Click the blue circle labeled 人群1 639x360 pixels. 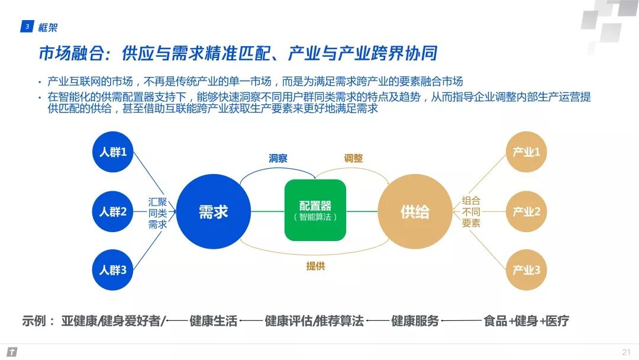point(113,152)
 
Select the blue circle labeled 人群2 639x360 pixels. point(113,211)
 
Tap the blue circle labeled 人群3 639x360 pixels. point(113,270)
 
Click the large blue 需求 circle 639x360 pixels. point(213,211)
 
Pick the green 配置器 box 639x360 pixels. point(315,210)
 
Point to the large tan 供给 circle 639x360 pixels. point(415,211)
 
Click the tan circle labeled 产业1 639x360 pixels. point(526,152)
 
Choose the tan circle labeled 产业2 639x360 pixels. point(526,211)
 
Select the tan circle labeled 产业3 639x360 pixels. point(526,270)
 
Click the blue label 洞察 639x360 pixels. point(278,158)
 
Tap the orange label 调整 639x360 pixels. point(353,158)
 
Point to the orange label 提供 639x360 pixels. point(315,266)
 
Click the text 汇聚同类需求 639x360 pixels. point(157,213)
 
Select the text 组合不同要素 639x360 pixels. point(471,211)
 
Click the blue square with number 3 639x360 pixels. point(27,27)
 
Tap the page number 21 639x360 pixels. point(627,352)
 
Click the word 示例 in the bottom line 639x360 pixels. point(34,321)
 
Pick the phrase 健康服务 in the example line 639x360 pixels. point(415,321)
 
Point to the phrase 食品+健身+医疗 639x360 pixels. point(526,321)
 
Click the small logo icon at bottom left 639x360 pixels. point(12,352)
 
